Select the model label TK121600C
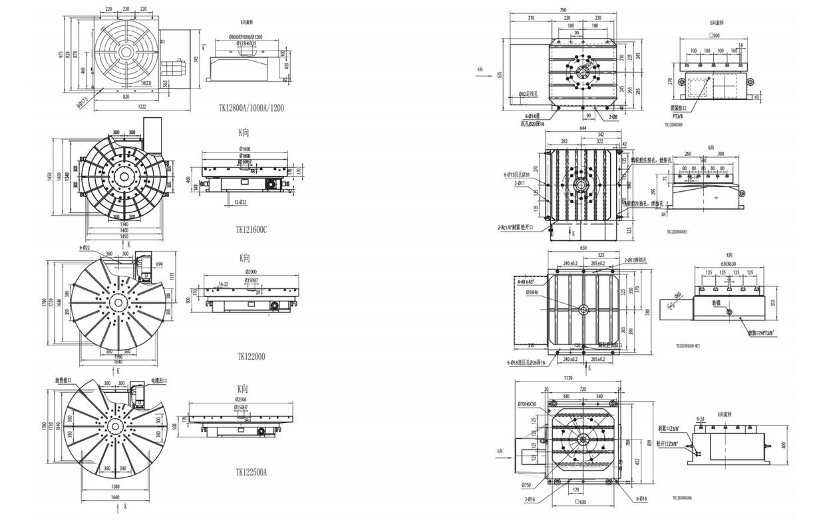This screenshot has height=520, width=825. pyautogui.click(x=250, y=229)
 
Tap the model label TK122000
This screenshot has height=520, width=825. pyautogui.click(x=250, y=356)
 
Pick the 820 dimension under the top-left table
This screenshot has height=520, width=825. pyautogui.click(x=126, y=97)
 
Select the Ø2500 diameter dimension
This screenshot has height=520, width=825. pyautogui.click(x=246, y=399)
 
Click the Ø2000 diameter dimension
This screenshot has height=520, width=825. pyautogui.click(x=251, y=272)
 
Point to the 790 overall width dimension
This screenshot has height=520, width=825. pyautogui.click(x=562, y=10)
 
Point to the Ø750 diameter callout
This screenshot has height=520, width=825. pyautogui.click(x=526, y=485)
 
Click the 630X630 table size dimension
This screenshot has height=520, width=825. pyautogui.click(x=729, y=262)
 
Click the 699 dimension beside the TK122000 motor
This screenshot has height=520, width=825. pyautogui.click(x=159, y=265)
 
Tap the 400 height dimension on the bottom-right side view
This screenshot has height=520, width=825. pyautogui.click(x=784, y=445)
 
